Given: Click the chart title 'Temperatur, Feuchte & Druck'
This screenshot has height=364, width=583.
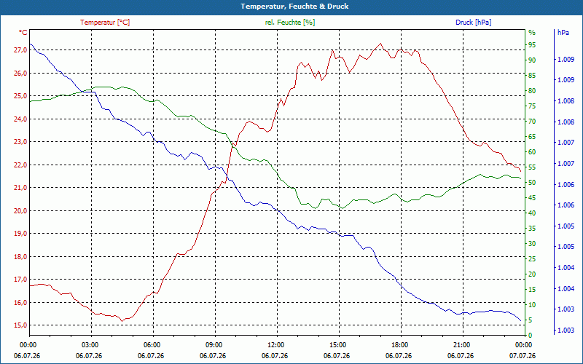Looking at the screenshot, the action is pos(294,7).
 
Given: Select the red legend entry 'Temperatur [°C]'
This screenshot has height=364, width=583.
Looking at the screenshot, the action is pos(105,23).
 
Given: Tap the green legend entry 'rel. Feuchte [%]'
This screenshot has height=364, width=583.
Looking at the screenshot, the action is pos(289,23).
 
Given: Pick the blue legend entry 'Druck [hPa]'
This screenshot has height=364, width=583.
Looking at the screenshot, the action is pos(473,23).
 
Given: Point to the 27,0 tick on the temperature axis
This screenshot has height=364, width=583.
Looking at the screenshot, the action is pos(20,50).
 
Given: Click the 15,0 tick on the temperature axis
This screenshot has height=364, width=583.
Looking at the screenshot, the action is pos(20,325).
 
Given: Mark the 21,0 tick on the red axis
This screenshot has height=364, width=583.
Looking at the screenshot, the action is pos(20,188).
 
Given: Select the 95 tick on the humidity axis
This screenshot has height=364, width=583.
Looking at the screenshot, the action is pos(532,45).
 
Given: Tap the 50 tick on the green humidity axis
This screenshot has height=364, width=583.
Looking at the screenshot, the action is pos(532,183).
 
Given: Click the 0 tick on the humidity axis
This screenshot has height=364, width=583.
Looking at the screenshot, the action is pos(531,336).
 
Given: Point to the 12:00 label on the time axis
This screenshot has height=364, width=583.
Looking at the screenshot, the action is pos(276,344).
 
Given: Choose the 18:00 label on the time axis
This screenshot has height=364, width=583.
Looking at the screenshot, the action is pos(399,344).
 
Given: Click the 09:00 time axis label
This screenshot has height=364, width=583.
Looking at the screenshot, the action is pos(214,344).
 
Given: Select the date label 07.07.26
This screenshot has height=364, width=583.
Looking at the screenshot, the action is pos(523,355).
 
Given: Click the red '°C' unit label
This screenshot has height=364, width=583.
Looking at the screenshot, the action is pos(23,33).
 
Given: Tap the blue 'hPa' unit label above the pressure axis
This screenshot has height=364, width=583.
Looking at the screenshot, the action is pos(563,33).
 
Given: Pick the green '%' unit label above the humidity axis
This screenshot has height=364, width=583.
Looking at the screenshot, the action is pos(532,33).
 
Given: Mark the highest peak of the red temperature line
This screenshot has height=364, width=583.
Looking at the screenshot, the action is pos(380,43).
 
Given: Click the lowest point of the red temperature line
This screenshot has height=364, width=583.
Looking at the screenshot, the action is pos(122,321).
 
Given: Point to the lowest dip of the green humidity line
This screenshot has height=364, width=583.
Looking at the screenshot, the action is pos(343,208).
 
